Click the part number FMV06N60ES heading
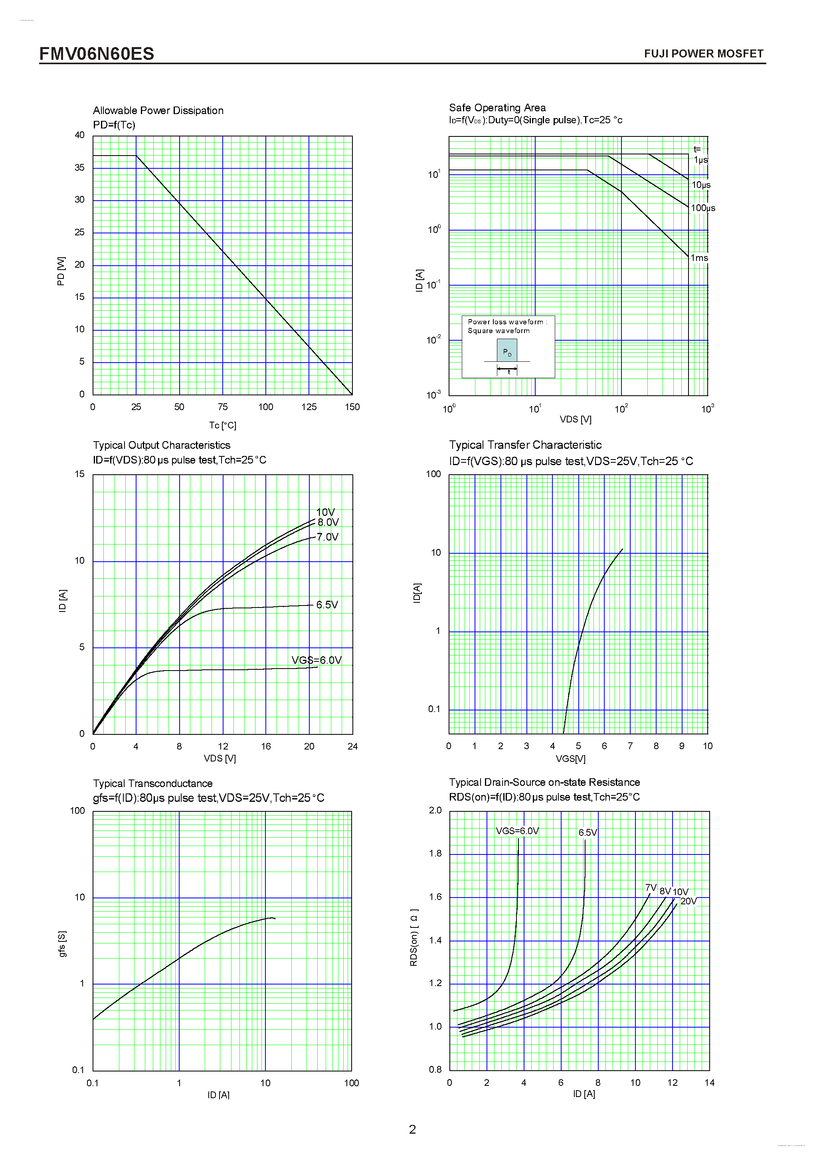click(97, 54)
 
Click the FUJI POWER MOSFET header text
click(703, 54)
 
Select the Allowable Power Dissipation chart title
click(158, 111)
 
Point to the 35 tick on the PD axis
click(80, 168)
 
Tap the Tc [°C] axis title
click(222, 425)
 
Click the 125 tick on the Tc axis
click(309, 407)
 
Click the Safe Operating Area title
click(497, 108)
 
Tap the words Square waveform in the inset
click(499, 331)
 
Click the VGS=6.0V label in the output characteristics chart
click(316, 660)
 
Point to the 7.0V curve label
click(327, 537)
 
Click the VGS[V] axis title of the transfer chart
click(570, 759)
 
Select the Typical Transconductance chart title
click(152, 783)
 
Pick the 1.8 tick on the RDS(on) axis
click(435, 854)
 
